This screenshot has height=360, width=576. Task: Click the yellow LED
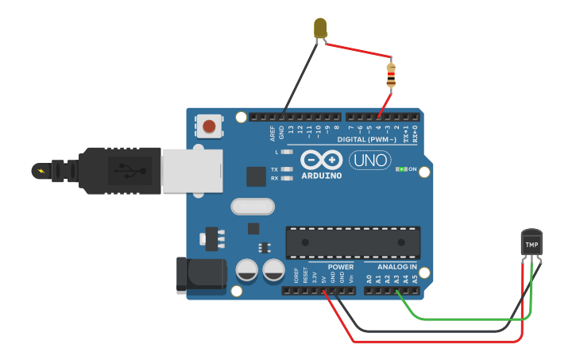pos(321,29)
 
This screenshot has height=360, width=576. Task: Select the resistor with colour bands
pos(390,74)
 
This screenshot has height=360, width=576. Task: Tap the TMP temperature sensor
pos(532,243)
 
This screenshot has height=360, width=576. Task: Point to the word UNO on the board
pos(370,159)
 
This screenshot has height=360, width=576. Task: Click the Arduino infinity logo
pos(321,159)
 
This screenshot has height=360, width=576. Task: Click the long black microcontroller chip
pos(353,242)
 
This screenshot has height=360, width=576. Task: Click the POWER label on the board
pos(341,267)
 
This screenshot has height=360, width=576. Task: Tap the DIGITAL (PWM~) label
pos(373,139)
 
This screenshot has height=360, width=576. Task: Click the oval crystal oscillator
pos(252,207)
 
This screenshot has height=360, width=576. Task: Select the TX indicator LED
pos(286,169)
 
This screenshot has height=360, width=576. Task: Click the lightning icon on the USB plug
pos(40,170)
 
